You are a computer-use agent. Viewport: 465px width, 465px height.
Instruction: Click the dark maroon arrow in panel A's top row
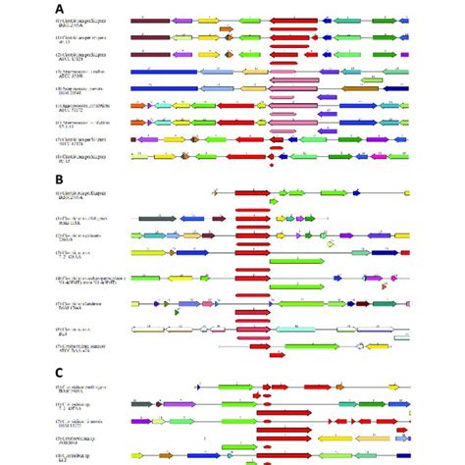(150, 20)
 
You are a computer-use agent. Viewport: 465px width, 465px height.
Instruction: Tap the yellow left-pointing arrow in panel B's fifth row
(197, 281)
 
